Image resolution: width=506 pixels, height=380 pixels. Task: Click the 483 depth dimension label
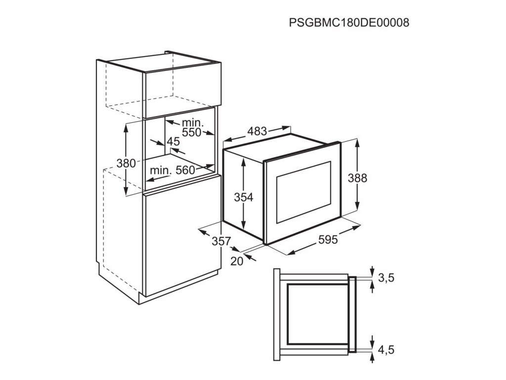[257, 131]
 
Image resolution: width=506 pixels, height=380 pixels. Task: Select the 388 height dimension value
[357, 178]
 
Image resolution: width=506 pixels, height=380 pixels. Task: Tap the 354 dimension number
[243, 197]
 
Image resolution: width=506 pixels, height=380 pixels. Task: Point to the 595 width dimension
[328, 240]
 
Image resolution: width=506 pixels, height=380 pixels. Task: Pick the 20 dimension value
[237, 261]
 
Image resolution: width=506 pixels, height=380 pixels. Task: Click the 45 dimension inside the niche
[173, 142]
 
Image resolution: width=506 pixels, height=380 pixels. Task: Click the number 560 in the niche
[185, 170]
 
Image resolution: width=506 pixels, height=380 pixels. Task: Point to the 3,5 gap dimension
[386, 278]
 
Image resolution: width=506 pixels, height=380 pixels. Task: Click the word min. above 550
[193, 122]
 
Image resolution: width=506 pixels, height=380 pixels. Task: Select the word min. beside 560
[161, 170]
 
